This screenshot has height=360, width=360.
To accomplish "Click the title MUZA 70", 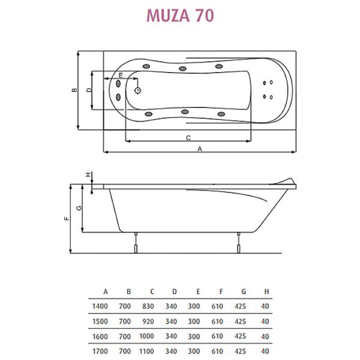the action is pos(180,16).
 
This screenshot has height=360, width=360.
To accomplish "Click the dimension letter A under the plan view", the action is pos(200,149).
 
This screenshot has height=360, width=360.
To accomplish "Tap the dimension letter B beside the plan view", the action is pos(74,90).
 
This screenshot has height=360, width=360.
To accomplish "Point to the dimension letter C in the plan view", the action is pos(188,138).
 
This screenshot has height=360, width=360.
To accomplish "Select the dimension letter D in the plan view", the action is pos(89,90).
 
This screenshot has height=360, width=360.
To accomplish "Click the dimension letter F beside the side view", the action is pos(67,218).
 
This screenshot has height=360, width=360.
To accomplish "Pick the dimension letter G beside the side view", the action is pos(79,208).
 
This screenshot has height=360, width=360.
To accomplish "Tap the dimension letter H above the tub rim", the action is pos(88,175).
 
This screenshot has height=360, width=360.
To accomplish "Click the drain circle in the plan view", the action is pos(138,91).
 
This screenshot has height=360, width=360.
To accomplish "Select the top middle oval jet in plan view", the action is pos(182,68).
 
